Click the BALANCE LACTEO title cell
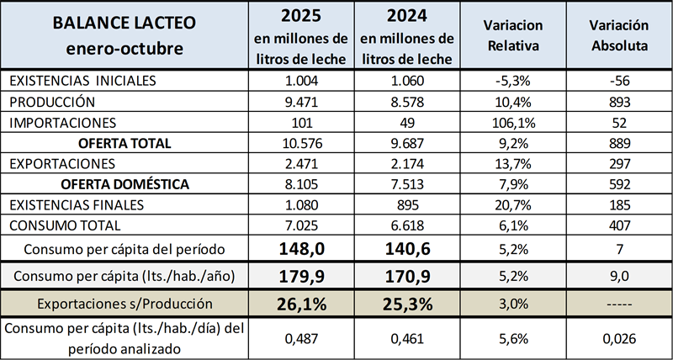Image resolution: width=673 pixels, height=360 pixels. click(125, 35)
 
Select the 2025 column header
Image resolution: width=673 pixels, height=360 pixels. click(300, 36)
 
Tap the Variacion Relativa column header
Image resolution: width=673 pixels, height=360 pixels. click(512, 35)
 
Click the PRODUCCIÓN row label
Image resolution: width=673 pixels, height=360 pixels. click(52, 102)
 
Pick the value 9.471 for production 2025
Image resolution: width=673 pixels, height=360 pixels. click(300, 102)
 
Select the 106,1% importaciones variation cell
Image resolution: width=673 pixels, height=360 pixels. click(512, 123)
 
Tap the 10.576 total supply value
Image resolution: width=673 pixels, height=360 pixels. click(300, 143)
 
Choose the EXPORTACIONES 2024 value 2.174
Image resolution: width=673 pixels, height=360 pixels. click(406, 163)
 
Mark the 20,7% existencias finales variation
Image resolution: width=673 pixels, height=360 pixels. click(512, 204)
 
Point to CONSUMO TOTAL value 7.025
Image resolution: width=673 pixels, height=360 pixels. click(300, 225)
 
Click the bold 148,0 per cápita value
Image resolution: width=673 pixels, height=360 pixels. click(300, 249)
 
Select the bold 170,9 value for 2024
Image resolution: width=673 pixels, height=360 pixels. click(406, 276)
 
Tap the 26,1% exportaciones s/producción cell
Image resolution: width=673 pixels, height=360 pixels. click(300, 304)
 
